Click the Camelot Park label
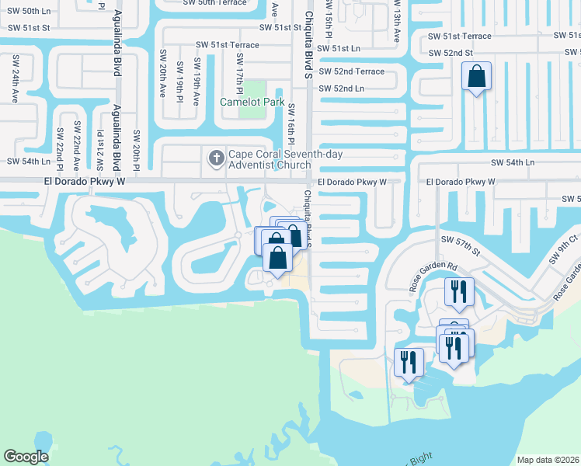tap(250, 102)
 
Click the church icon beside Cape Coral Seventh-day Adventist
tap(215, 158)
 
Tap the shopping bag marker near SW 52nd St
tap(477, 78)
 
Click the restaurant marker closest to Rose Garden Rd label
tap(458, 292)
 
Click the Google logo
tap(26, 456)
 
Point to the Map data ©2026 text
tap(548, 460)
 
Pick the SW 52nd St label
tap(451, 52)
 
